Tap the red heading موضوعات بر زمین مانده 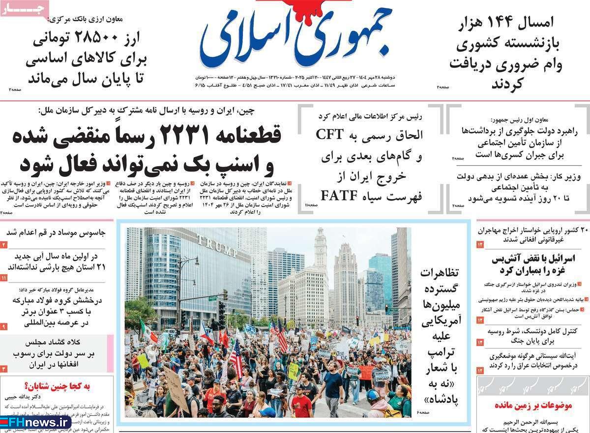point(534,406)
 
